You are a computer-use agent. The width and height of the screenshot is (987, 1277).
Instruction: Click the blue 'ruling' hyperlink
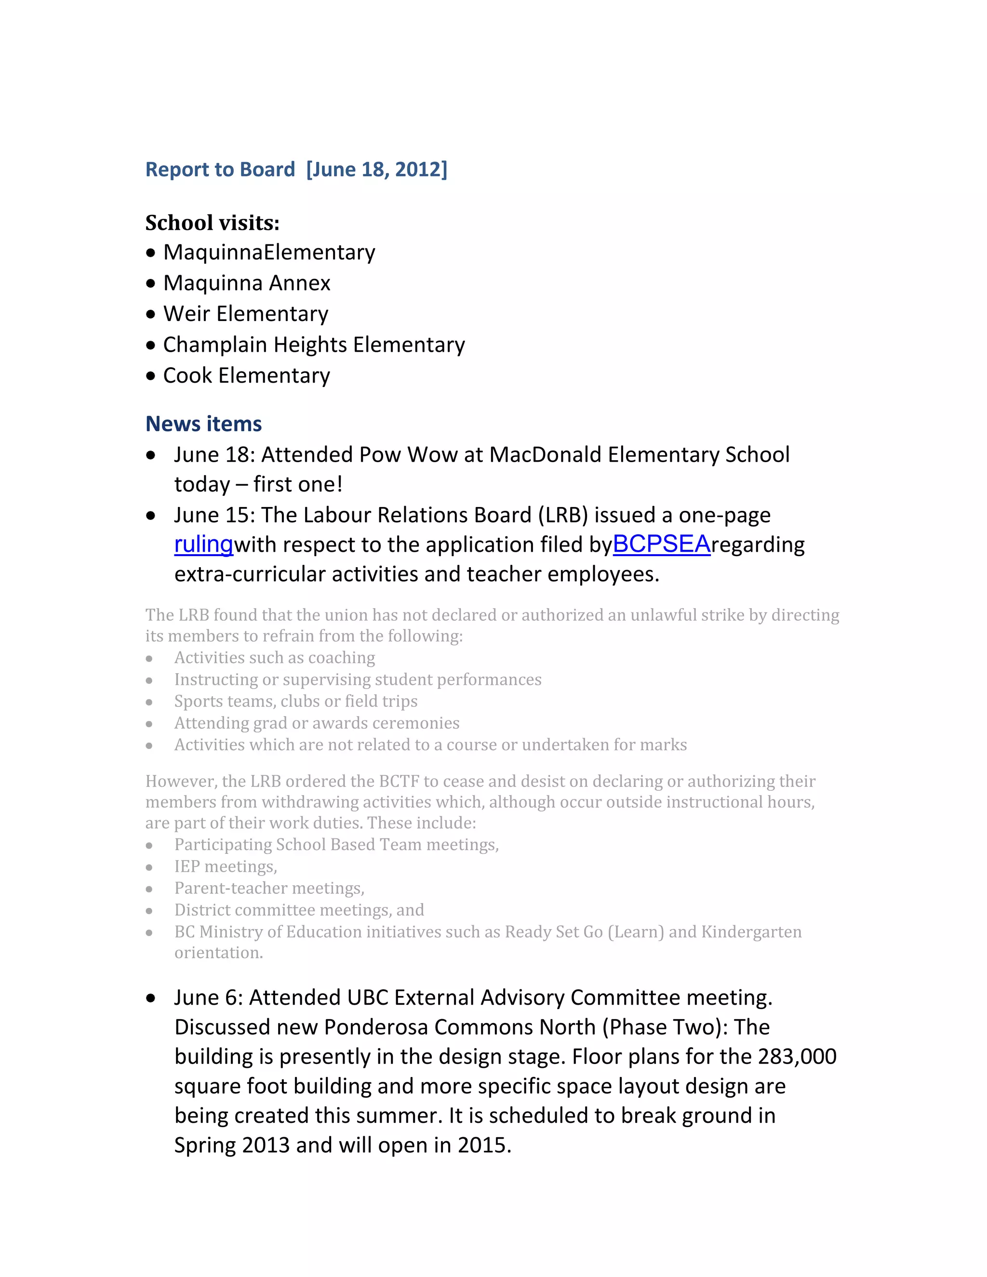click(x=203, y=545)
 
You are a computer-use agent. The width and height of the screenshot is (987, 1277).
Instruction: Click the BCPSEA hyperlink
click(x=661, y=545)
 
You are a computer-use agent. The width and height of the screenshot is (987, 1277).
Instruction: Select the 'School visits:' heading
click(x=212, y=223)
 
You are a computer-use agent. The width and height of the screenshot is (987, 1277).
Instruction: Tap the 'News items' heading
click(x=203, y=424)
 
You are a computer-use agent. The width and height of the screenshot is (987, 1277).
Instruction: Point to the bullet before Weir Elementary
click(x=151, y=315)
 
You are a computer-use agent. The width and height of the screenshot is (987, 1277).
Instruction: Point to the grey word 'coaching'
click(x=342, y=658)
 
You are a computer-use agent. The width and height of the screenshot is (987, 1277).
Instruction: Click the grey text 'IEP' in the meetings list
click(x=187, y=866)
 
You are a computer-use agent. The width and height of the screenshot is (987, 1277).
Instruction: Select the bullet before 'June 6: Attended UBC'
click(x=151, y=998)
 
